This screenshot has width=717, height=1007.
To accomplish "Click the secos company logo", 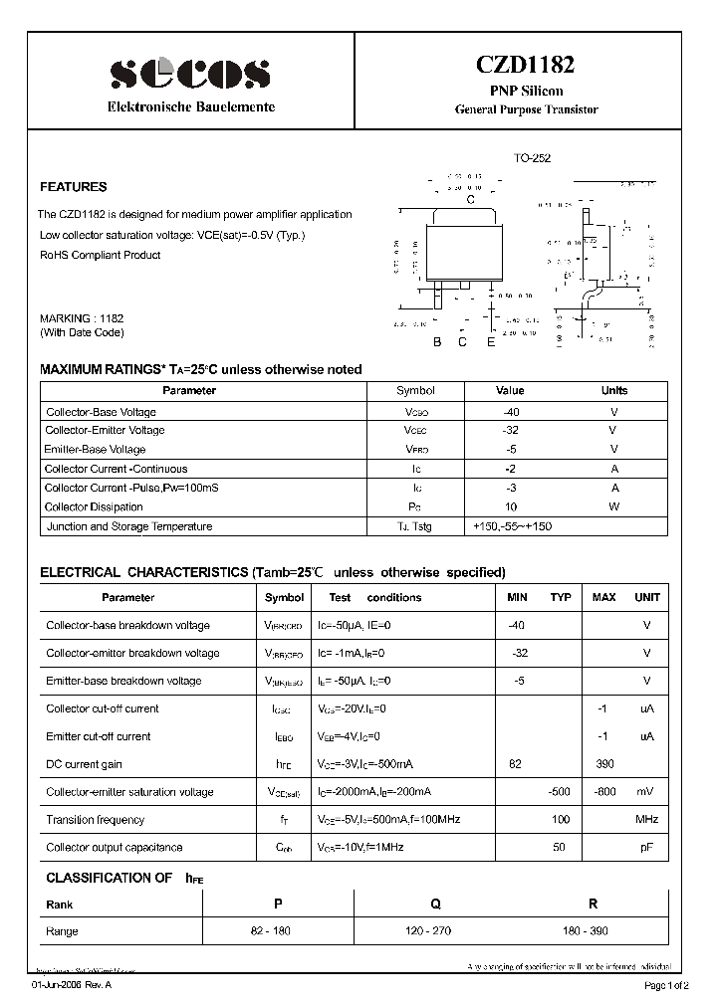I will (189, 72).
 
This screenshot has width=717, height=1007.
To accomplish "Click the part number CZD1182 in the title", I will (527, 67).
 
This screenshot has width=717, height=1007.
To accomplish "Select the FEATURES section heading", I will (73, 187).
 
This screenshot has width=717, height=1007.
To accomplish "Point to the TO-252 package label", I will (532, 158).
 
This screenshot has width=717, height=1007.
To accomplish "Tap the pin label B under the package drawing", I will (436, 343).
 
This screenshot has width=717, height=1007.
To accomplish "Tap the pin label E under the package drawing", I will (490, 343).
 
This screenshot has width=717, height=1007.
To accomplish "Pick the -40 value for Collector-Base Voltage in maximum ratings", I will (511, 412).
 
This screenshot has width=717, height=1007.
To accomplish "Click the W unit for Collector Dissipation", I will (614, 507).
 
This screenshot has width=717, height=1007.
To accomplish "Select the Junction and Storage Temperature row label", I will (129, 527).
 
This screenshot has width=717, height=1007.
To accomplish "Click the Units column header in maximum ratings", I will (614, 391).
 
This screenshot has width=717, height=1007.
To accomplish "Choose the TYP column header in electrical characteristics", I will (561, 598).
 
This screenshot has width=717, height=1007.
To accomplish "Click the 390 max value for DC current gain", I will (604, 764).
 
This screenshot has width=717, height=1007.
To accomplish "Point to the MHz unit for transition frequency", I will (647, 820).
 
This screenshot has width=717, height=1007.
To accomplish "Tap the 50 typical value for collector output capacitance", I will (560, 848).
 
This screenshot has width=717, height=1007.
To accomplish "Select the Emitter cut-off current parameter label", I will (99, 736).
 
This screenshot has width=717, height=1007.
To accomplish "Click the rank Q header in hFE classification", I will (435, 905).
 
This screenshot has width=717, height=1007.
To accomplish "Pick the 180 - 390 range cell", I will (593, 931).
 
